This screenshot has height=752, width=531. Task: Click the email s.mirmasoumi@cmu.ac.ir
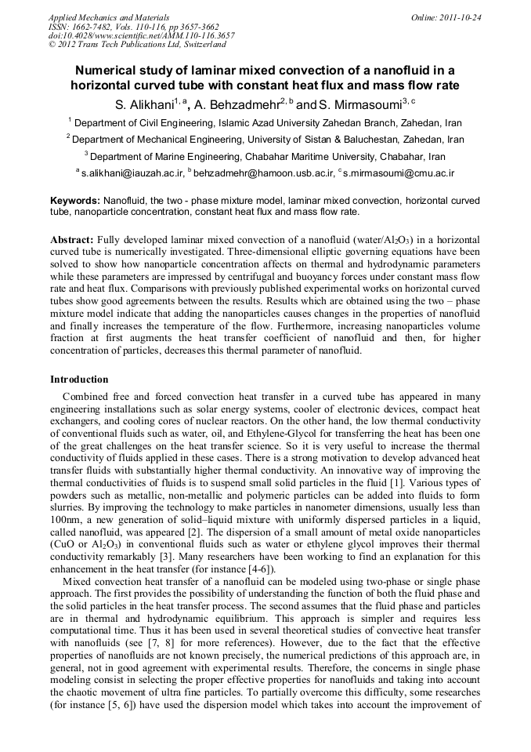[x=399, y=173]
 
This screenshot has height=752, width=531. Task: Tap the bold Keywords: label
[x=75, y=202]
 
